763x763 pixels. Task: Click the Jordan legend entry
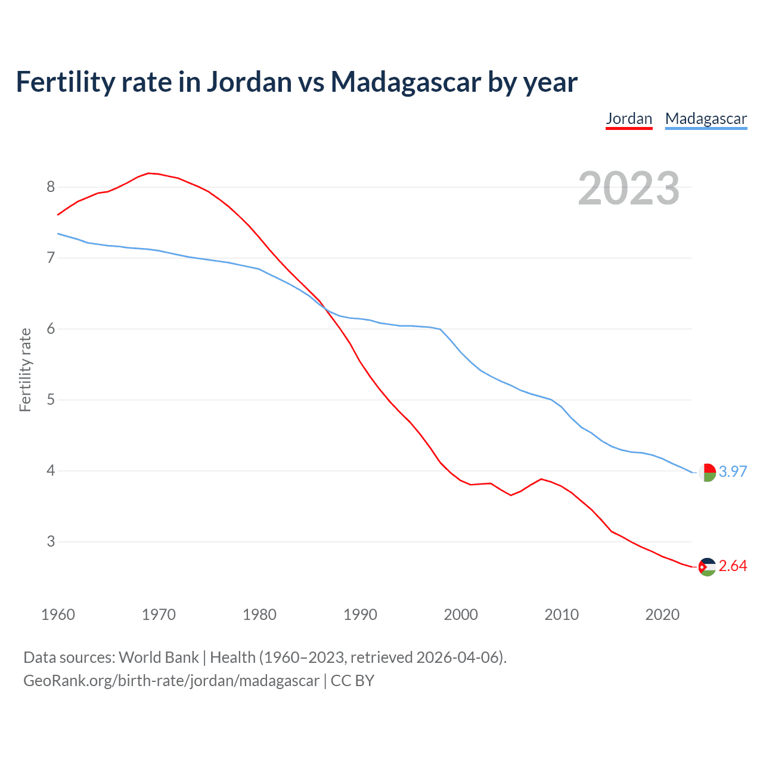pyautogui.click(x=629, y=119)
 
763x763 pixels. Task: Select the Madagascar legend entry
pyautogui.click(x=706, y=119)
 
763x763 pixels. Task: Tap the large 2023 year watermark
pyautogui.click(x=629, y=188)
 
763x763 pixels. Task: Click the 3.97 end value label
pyautogui.click(x=733, y=472)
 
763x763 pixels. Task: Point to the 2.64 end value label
pyautogui.click(x=733, y=566)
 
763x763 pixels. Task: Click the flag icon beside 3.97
pyautogui.click(x=707, y=472)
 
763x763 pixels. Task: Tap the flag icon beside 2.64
pyautogui.click(x=707, y=566)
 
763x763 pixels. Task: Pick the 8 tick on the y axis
pyautogui.click(x=51, y=187)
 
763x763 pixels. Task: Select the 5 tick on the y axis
pyautogui.click(x=51, y=400)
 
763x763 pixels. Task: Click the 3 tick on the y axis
pyautogui.click(x=51, y=542)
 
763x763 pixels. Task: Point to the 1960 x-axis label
pyautogui.click(x=58, y=615)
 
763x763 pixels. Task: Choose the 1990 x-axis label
pyautogui.click(x=360, y=615)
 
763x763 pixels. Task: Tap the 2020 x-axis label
pyautogui.click(x=662, y=615)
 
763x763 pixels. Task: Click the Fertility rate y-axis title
pyautogui.click(x=25, y=370)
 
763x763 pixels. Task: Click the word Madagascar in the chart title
pyautogui.click(x=405, y=82)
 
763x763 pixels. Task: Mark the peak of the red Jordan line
pyautogui.click(x=149, y=173)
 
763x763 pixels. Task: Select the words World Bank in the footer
pyautogui.click(x=159, y=657)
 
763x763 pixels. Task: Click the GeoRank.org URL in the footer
pyautogui.click(x=171, y=681)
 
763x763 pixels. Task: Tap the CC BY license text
pyautogui.click(x=352, y=681)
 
